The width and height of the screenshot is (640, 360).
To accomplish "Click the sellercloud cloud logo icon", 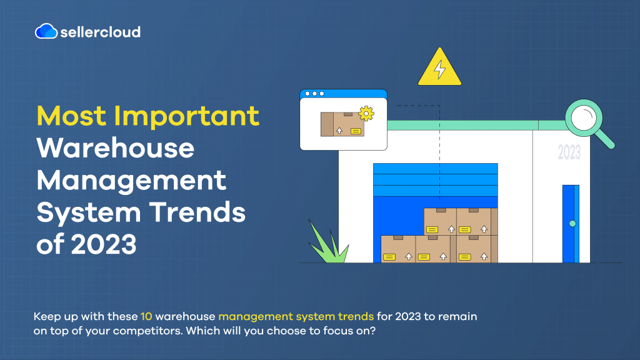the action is tap(46, 31).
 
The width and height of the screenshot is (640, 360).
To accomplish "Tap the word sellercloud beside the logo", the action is tap(101, 32).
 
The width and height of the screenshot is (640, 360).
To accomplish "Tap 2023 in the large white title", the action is tap(104, 244).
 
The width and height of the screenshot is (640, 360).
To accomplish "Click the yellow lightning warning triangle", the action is tap(439, 67).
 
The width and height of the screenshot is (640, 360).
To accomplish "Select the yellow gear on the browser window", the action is tap(366, 114).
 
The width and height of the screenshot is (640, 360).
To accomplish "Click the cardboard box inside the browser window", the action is tap(342, 124).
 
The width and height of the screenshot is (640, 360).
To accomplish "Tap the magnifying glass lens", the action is tap(584, 118).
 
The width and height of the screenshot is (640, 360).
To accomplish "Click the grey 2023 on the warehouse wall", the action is tap(569, 152).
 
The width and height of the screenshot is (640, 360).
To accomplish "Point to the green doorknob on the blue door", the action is tap(572, 223).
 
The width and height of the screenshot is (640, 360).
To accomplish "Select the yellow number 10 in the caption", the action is tap(146, 316).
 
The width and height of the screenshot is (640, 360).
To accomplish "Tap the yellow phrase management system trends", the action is tap(296, 317).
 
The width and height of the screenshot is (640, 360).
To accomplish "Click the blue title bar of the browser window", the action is tap(343, 94).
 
